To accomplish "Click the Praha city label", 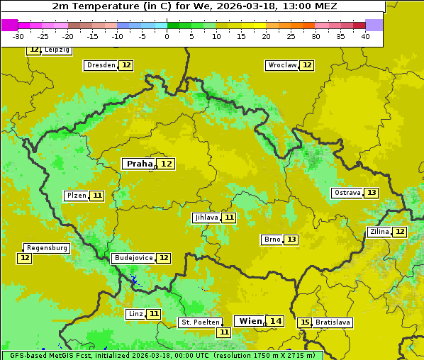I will click(x=139, y=164).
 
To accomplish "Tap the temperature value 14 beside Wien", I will click(x=275, y=321).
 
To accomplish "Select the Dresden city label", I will click(x=100, y=65).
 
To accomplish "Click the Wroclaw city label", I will click(x=281, y=65).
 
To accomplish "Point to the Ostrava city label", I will click(x=347, y=193).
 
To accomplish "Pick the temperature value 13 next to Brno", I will click(x=291, y=240).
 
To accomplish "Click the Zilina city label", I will click(x=379, y=232).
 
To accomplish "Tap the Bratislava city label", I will click(x=333, y=322).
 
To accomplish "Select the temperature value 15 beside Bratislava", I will click(x=305, y=322).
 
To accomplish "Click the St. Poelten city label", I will click(x=199, y=322).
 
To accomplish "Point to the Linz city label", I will click(x=135, y=314).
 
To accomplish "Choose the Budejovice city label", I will click(x=133, y=258).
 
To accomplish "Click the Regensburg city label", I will click(x=47, y=248).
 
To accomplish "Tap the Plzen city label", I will click(x=76, y=196).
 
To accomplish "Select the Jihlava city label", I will click(x=206, y=218).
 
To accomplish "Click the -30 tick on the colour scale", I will click(x=18, y=36).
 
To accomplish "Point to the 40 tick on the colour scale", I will click(x=365, y=36).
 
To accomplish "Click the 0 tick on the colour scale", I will click(x=167, y=36).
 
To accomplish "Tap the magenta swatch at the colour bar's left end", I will click(x=9, y=25).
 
